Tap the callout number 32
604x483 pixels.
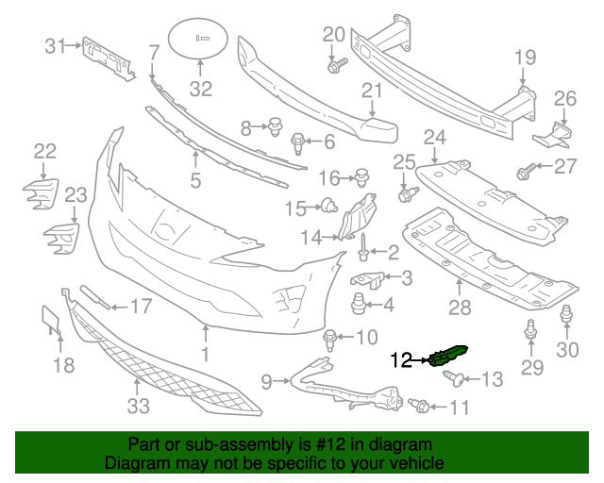(201, 90)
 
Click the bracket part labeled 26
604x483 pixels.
(554, 136)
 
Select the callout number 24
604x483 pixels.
(434, 138)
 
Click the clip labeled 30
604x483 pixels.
(566, 316)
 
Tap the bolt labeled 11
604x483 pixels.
(420, 406)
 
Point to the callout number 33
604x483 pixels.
(138, 407)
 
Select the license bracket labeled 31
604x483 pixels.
(105, 58)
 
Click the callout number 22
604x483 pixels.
(45, 151)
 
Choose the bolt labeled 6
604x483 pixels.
(296, 143)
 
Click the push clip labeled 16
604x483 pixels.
(361, 175)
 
